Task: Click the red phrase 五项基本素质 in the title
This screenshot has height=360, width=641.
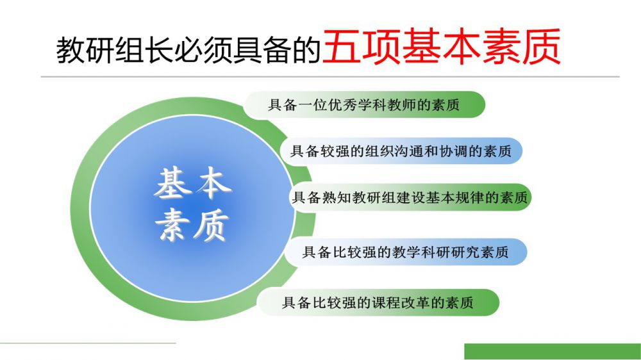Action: click(442, 46)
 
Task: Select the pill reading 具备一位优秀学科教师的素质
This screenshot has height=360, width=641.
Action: click(364, 105)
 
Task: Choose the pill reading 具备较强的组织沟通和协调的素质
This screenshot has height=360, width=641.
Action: click(401, 151)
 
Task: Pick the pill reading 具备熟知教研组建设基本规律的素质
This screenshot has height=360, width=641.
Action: click(410, 197)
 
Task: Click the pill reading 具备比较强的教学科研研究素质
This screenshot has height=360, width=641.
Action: click(406, 252)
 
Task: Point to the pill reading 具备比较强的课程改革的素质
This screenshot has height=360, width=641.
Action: click(378, 303)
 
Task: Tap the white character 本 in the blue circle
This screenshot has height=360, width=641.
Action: click(213, 184)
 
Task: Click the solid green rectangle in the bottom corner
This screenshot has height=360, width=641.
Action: click(553, 352)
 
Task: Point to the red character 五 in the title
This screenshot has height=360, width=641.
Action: click(342, 46)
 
